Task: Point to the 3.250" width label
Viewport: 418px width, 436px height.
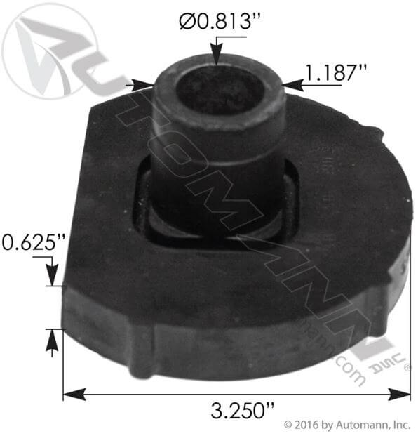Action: (238, 410)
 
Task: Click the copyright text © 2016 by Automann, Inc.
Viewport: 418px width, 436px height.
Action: (346, 425)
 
